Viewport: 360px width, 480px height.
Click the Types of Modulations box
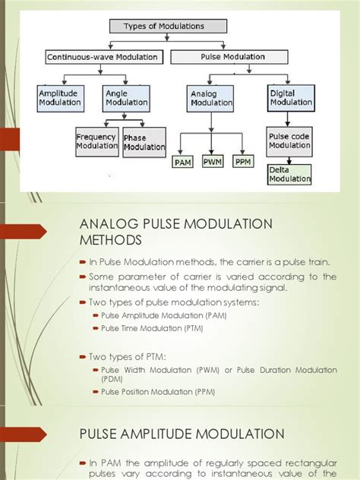[167, 26]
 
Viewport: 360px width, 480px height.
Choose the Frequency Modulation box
[95, 141]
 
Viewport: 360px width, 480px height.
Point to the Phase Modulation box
[144, 141]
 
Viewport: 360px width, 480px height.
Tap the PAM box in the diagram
[183, 163]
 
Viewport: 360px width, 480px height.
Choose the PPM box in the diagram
[244, 161]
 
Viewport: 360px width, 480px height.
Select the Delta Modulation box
[289, 175]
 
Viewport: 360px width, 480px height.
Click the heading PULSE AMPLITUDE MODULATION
[182, 434]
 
